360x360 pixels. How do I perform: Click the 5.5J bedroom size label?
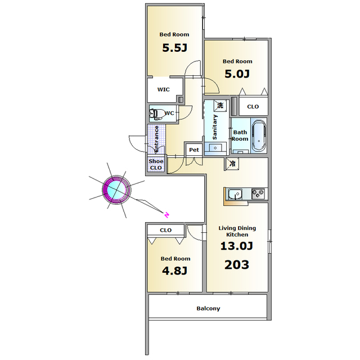pos(175,48)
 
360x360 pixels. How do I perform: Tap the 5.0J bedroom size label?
pos(237,74)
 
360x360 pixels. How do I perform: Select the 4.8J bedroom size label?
pos(175,271)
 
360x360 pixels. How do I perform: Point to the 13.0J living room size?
pos(237,246)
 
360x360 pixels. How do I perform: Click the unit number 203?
pos(237,265)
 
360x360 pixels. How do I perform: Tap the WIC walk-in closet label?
pos(164,89)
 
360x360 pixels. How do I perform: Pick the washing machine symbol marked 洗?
pos(220,105)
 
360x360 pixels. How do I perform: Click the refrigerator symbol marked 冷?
pos(232,164)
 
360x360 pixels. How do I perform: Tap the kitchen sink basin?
pos(235,195)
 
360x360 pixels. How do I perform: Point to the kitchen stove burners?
pos(258,193)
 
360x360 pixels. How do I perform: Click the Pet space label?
pos(194,150)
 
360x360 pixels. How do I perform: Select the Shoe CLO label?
pos(156,164)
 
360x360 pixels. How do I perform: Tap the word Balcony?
pos(208,308)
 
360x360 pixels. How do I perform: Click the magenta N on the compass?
pos(167,215)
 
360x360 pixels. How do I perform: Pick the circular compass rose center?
pos(116,190)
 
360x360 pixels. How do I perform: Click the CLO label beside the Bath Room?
pos(253,106)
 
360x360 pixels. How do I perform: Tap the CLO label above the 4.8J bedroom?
pos(165,230)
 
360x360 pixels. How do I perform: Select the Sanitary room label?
pos(215,127)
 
